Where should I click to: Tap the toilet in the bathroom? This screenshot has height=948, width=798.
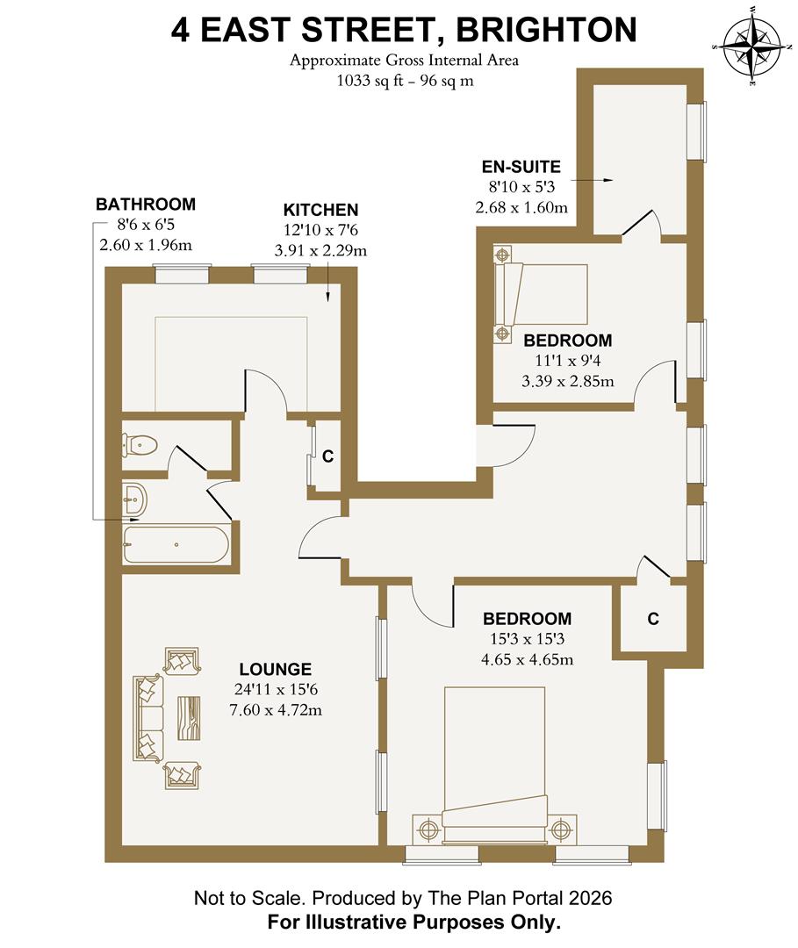click(141, 445)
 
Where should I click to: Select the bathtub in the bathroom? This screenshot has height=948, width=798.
click(176, 544)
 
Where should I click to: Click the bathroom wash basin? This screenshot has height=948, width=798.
click(135, 501)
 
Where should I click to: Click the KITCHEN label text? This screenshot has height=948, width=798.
click(320, 210)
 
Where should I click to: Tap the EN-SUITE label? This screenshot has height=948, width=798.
click(521, 167)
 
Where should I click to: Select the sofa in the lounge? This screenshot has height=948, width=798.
click(148, 717)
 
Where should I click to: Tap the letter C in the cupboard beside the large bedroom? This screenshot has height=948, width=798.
click(653, 619)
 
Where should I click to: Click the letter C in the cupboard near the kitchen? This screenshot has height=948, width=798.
click(327, 456)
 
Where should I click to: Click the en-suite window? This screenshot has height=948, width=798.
click(696, 132)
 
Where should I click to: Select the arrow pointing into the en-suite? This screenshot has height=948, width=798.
click(595, 179)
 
